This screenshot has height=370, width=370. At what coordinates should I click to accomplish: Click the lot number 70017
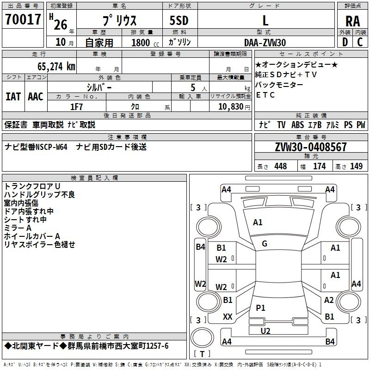(23, 19)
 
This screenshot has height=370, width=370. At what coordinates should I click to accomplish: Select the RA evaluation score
(352, 21)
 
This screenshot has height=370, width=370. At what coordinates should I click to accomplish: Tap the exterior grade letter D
(345, 42)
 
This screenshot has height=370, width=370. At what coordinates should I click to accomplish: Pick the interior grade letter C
(360, 42)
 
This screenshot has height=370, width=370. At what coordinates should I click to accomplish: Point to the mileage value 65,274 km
(52, 66)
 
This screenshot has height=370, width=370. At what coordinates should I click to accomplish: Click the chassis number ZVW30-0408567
(310, 147)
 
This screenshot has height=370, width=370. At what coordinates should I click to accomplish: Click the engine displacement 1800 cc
(143, 43)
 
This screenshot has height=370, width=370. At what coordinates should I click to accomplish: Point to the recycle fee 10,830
(229, 107)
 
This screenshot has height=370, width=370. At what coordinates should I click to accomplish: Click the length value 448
(280, 166)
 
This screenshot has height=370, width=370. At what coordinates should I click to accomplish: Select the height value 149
(356, 166)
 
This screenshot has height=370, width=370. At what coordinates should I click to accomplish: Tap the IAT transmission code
(13, 97)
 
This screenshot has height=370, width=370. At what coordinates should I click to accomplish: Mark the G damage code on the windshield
(264, 244)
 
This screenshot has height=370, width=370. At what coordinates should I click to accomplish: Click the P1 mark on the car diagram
(260, 308)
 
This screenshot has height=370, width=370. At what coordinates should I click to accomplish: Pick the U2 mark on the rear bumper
(265, 331)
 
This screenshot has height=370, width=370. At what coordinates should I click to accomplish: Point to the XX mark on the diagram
(228, 317)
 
